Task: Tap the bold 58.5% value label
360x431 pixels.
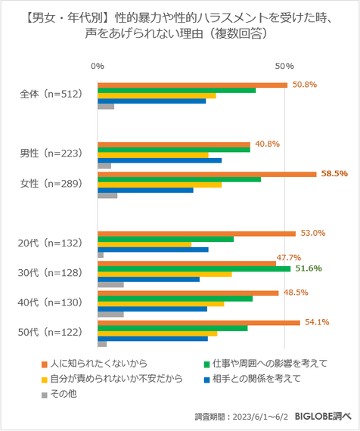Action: [x=334, y=174]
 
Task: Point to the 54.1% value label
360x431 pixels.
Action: [x=316, y=322]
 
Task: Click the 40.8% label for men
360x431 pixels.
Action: [x=268, y=144]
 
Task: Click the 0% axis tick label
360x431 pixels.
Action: [x=97, y=67]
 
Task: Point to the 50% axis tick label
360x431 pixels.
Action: [x=284, y=67]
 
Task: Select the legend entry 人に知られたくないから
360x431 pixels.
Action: [x=98, y=363]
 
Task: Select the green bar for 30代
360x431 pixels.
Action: [x=194, y=268]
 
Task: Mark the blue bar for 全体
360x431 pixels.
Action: [x=151, y=101]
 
